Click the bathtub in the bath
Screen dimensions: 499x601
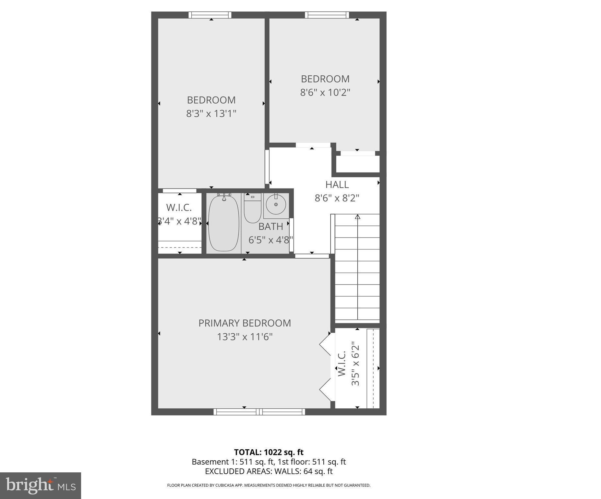click(224, 223)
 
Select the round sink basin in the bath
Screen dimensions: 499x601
click(276, 204)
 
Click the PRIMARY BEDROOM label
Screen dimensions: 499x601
click(245, 323)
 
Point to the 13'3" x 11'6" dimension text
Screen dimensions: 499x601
click(245, 337)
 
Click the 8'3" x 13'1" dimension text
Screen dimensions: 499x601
click(211, 114)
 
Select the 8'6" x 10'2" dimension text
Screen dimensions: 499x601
click(325, 93)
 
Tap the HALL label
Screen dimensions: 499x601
click(337, 185)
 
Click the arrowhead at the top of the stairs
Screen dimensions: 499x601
click(357, 216)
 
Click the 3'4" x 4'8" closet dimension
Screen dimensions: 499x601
click(179, 221)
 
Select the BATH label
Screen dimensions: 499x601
click(270, 226)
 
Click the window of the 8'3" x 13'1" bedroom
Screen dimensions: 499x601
click(210, 15)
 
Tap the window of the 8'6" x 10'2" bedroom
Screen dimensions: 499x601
click(327, 15)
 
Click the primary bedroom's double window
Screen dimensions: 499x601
click(259, 412)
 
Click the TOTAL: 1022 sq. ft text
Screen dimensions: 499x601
click(269, 452)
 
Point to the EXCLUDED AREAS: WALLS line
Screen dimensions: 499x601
click(269, 471)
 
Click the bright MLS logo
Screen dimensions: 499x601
click(41, 485)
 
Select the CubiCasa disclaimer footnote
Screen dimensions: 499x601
click(269, 485)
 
